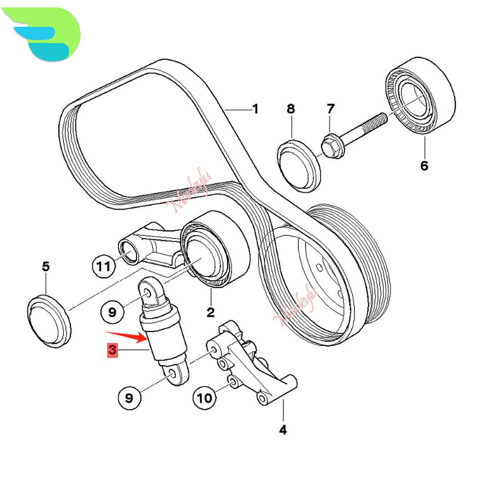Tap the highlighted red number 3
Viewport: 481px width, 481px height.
click(x=112, y=350)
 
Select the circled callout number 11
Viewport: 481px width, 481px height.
click(x=103, y=266)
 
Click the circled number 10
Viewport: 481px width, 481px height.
click(x=204, y=398)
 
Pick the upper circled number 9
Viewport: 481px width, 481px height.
click(x=112, y=311)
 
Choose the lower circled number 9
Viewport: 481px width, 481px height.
click(x=129, y=398)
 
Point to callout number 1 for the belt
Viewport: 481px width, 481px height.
click(x=255, y=109)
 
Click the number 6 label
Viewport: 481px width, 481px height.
click(x=424, y=165)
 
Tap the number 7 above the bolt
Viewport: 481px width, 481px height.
click(x=330, y=109)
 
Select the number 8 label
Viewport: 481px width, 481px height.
click(x=291, y=109)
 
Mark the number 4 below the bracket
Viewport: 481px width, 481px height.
click(x=283, y=430)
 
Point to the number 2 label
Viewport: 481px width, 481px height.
click(x=211, y=312)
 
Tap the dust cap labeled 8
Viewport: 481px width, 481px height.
click(x=299, y=164)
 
